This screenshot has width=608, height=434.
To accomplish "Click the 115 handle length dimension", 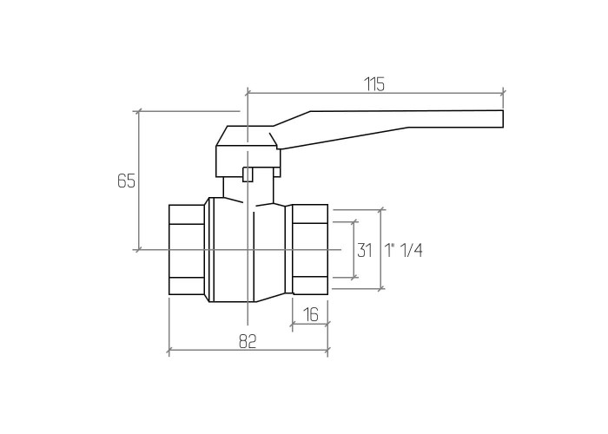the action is pyautogui.click(x=374, y=84).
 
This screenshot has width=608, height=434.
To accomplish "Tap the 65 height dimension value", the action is pyautogui.click(x=127, y=181).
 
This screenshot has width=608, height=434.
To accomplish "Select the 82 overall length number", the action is pyautogui.click(x=248, y=341).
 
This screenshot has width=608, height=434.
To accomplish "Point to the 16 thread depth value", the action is pyautogui.click(x=311, y=314).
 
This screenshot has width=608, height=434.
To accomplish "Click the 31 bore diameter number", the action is pyautogui.click(x=365, y=250).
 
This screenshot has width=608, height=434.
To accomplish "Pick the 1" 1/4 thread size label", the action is pyautogui.click(x=404, y=250).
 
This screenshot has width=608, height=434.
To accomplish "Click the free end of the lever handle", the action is pyautogui.click(x=503, y=119).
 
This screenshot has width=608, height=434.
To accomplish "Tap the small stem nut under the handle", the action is pyautogui.click(x=247, y=174).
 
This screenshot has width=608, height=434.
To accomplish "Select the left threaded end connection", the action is pyautogui.click(x=187, y=250).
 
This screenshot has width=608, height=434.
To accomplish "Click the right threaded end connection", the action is pyautogui.click(x=310, y=250).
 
